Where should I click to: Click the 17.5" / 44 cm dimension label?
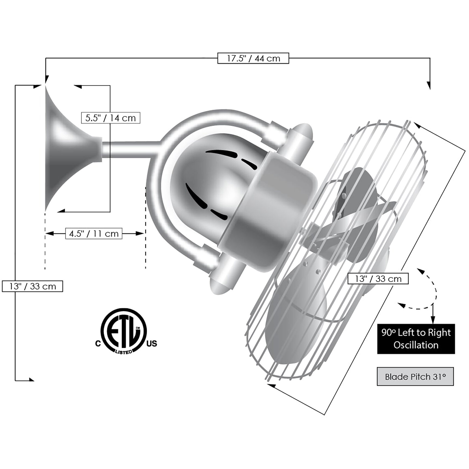(253, 58)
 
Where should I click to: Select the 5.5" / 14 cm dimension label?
(111, 118)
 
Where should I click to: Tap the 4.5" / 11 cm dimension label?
(94, 234)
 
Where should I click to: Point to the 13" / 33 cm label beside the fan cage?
(378, 279)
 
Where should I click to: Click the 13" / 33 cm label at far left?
(32, 286)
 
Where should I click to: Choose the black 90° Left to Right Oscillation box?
(416, 339)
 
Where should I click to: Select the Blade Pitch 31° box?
(415, 376)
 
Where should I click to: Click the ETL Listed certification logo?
(124, 331)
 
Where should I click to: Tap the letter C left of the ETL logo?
(98, 344)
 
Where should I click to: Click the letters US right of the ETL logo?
(152, 344)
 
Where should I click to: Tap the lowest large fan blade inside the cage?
(295, 313)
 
